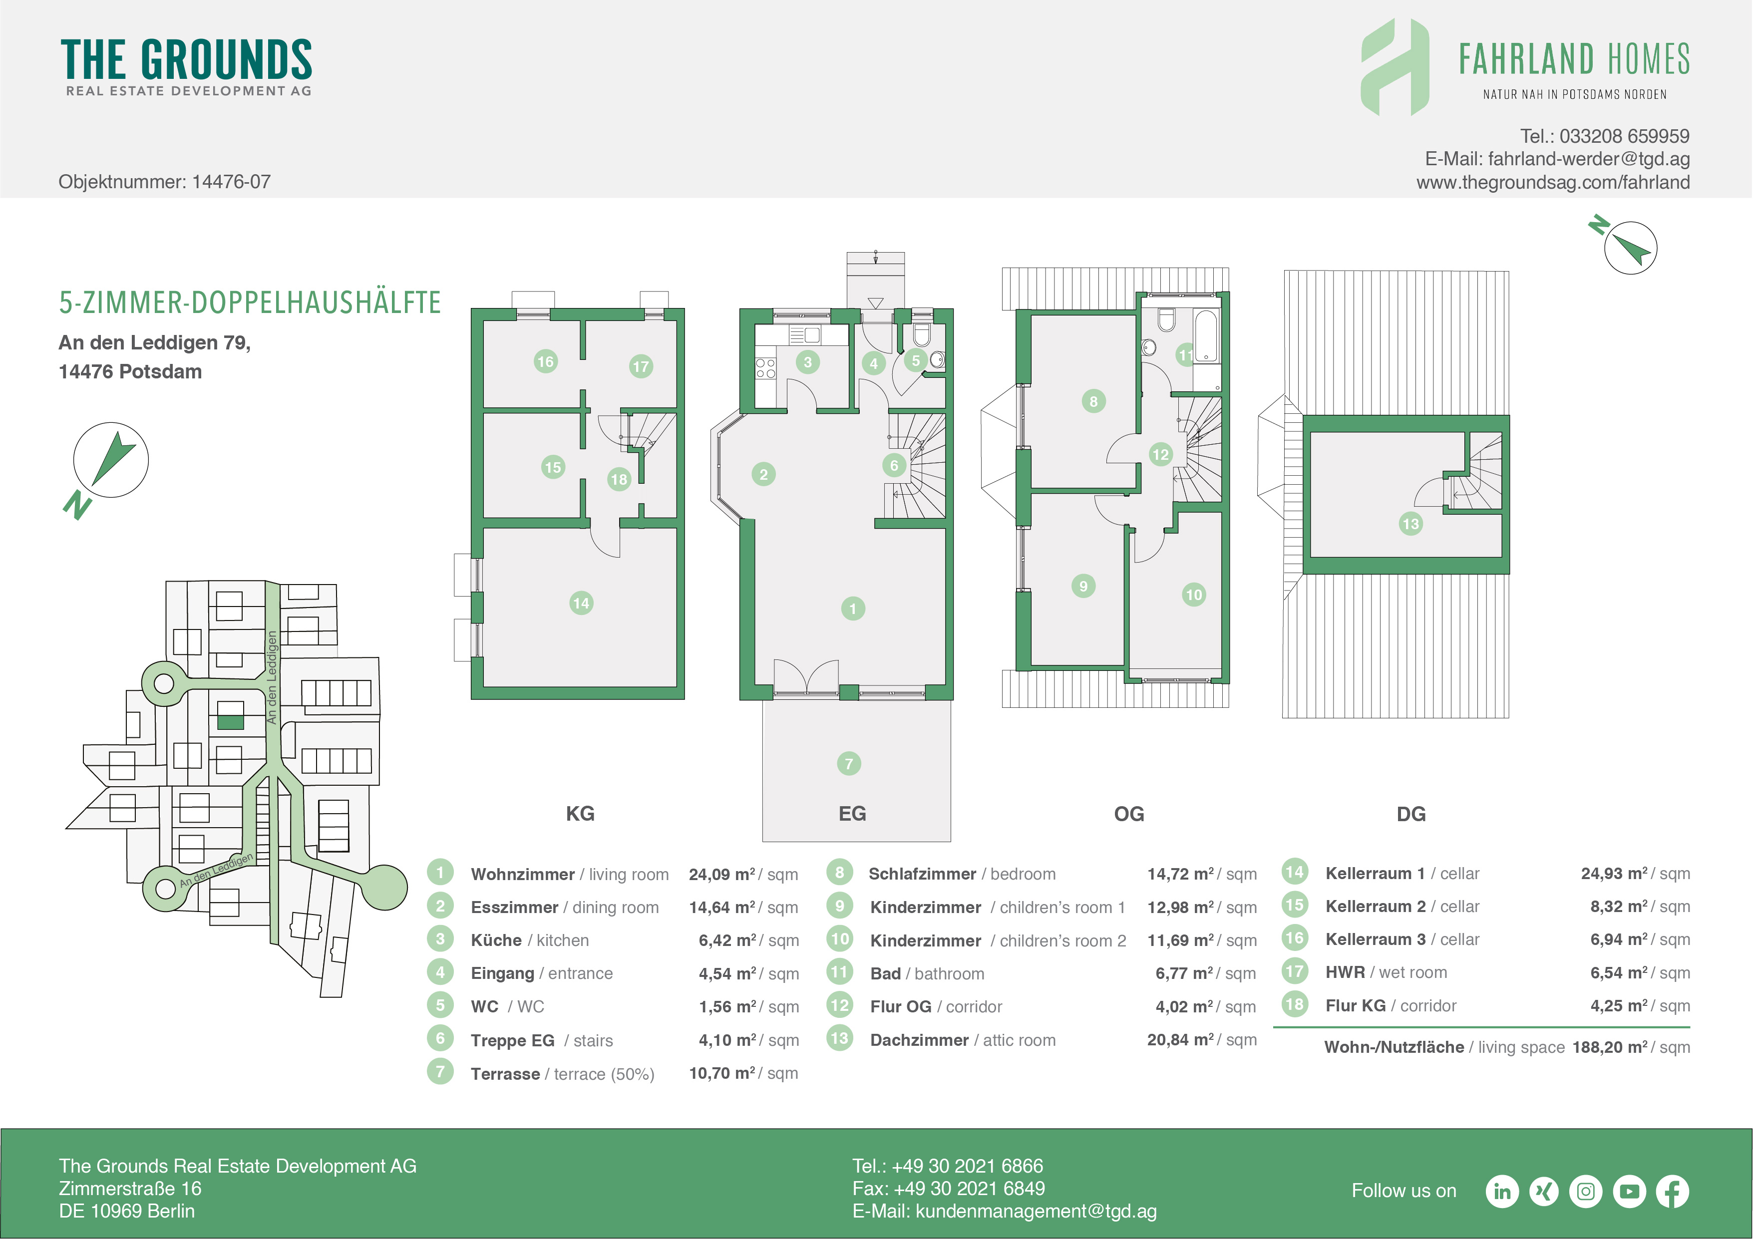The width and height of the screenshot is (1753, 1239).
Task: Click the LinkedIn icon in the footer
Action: coord(1502,1191)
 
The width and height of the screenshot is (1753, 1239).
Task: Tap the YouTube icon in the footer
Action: coord(1629,1191)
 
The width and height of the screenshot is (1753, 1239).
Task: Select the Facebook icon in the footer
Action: coord(1672,1191)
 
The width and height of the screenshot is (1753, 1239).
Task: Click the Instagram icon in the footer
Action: coord(1586,1191)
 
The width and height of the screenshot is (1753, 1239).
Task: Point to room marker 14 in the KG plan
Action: coord(581,603)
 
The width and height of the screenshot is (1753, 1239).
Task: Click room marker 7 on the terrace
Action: coord(848,763)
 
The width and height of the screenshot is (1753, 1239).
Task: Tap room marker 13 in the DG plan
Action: coord(1410,524)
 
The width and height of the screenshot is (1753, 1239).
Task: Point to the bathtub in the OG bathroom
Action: coord(1206,336)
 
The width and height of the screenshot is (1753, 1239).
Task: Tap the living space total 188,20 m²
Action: coord(1609,1047)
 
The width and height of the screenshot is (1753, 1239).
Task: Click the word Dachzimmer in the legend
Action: coord(919,1040)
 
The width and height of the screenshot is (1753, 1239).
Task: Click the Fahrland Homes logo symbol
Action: coord(1395,67)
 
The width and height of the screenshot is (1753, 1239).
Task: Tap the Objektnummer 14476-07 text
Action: coord(164,182)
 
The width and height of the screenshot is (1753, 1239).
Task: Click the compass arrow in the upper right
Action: coord(1633,248)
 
